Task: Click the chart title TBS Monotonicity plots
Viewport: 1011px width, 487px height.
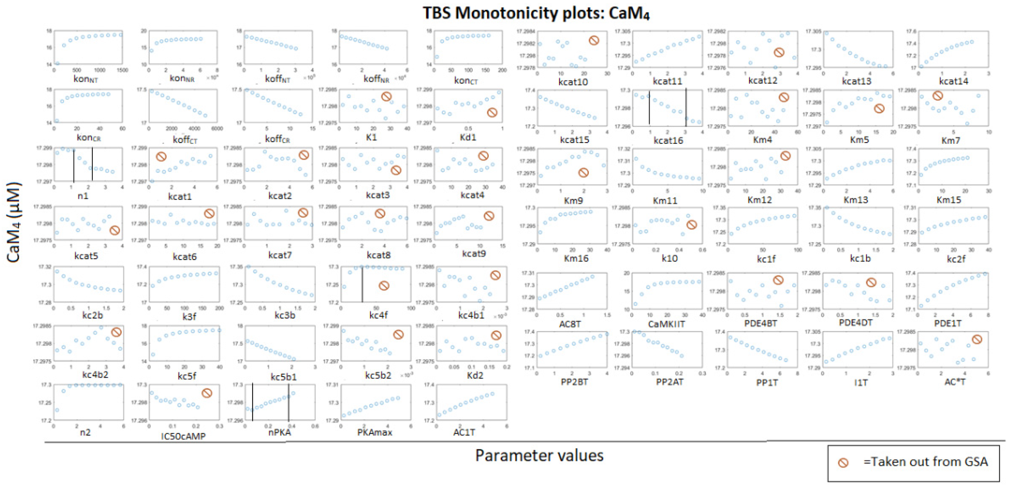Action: click(536, 13)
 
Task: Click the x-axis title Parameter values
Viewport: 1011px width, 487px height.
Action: click(539, 455)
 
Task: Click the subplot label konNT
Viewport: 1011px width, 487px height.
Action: click(86, 79)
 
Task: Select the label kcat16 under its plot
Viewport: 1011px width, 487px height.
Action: click(668, 140)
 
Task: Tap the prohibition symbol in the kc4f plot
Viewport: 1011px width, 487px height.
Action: click(384, 286)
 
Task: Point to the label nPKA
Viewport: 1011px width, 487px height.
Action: click(279, 433)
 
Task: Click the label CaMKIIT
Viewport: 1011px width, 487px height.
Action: click(666, 324)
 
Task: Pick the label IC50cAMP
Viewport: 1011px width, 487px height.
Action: click(183, 436)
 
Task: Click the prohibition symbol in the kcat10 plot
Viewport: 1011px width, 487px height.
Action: click(594, 40)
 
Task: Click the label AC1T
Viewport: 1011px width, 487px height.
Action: click(464, 433)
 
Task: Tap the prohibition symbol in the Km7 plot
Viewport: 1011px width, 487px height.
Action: click(938, 96)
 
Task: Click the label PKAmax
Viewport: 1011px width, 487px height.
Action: click(374, 433)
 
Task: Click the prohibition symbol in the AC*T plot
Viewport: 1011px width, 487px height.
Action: click(977, 339)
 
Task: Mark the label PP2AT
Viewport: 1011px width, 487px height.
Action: click(670, 382)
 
